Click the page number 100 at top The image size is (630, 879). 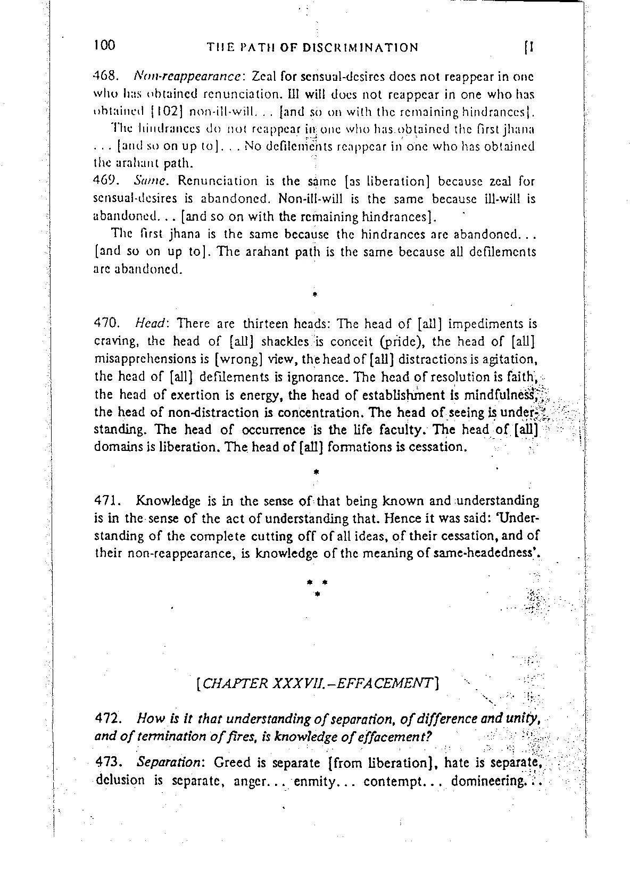click(103, 45)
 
